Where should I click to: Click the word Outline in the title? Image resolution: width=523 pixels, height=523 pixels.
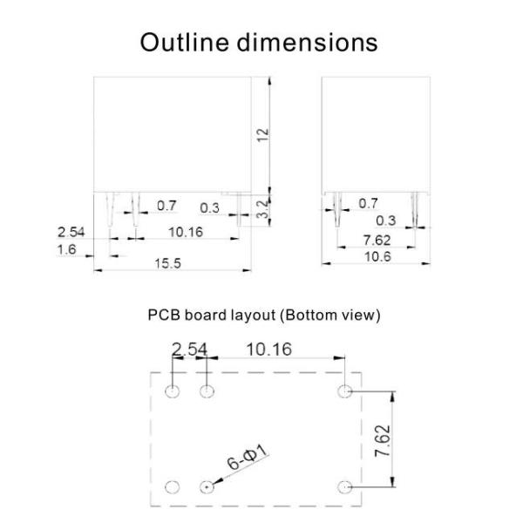tap(185, 43)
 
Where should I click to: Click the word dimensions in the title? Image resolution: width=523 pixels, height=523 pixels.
tap(307, 43)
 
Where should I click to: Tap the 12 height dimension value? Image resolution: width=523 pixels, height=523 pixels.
tap(263, 134)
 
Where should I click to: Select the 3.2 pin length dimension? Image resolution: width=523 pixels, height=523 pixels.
tap(263, 209)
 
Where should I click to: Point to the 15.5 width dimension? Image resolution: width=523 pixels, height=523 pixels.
tap(167, 263)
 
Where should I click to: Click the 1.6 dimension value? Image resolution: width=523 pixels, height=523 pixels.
tap(67, 249)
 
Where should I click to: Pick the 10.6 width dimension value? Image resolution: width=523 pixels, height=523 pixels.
tap(377, 257)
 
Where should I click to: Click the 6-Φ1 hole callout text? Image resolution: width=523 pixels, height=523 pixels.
tap(248, 458)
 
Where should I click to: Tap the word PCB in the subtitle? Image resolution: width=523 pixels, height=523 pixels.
tap(164, 315)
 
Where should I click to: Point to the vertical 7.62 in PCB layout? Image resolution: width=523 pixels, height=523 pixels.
tap(383, 440)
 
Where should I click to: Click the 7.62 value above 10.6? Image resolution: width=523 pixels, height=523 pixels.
tap(377, 241)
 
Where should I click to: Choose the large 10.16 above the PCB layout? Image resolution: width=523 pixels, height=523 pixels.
tap(268, 350)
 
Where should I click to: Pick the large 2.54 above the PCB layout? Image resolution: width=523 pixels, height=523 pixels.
tap(189, 350)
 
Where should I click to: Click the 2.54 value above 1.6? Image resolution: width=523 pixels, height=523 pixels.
tap(71, 232)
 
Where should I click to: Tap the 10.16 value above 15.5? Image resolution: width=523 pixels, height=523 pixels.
tap(186, 232)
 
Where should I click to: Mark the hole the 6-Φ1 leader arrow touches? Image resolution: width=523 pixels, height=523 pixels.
tap(207, 487)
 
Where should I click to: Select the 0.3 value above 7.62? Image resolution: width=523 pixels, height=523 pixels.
tap(386, 221)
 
